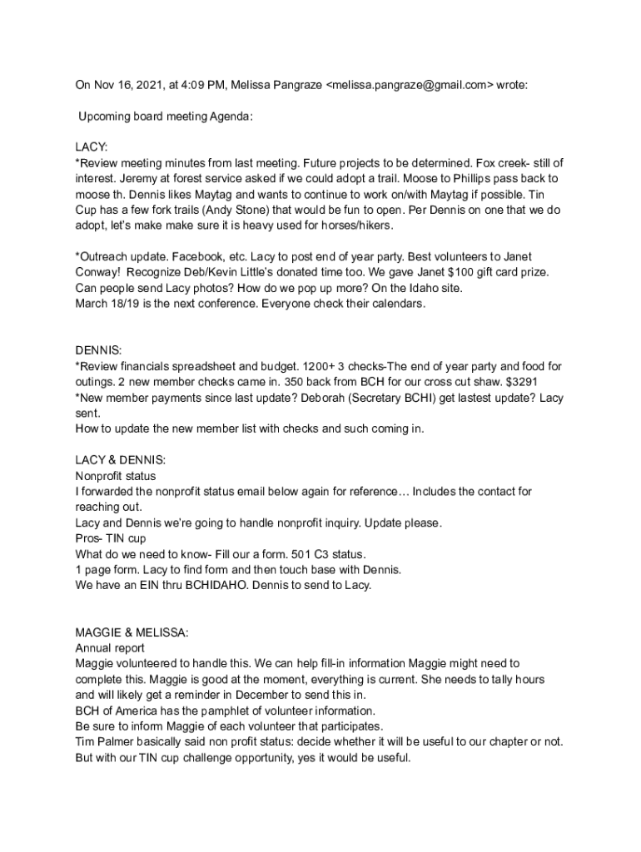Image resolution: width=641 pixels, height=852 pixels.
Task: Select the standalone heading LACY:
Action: pyautogui.click(x=92, y=148)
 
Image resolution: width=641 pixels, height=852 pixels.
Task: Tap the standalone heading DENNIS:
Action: pyautogui.click(x=97, y=351)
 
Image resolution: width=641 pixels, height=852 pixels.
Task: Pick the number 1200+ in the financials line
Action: pyautogui.click(x=317, y=366)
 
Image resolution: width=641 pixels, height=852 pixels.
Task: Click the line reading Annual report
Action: pyautogui.click(x=110, y=648)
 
